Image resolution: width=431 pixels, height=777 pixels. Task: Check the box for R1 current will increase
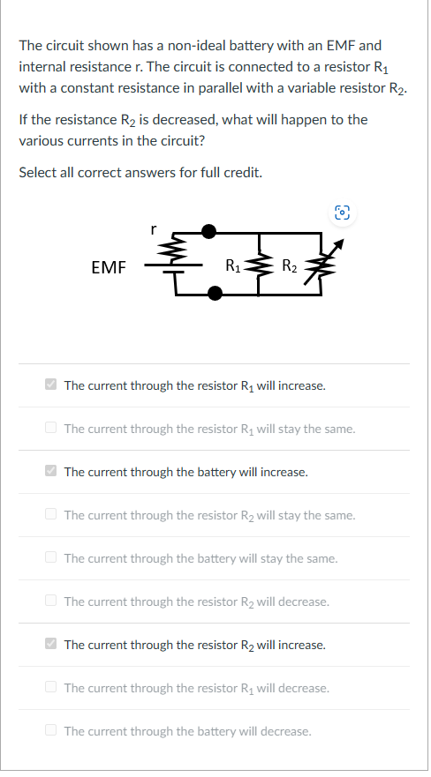coord(52,385)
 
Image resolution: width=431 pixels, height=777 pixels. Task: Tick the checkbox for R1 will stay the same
coord(52,429)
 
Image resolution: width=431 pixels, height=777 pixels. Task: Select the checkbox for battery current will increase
coord(52,472)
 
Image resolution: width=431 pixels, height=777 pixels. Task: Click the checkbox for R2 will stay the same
coord(52,514)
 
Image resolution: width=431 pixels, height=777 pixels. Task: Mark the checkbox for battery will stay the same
coord(52,557)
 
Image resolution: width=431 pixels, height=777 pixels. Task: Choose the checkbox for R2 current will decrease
coord(52,601)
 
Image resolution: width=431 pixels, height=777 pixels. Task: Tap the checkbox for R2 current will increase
coord(52,644)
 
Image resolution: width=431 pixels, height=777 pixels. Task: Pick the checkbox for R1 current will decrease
coord(52,687)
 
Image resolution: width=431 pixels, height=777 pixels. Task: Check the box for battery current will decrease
coord(52,730)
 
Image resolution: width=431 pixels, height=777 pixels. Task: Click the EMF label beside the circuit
coord(109,265)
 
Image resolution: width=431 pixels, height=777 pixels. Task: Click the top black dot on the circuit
coord(208,232)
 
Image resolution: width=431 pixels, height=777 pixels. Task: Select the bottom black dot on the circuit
coord(214,294)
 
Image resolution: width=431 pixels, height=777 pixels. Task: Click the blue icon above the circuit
coord(342,213)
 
